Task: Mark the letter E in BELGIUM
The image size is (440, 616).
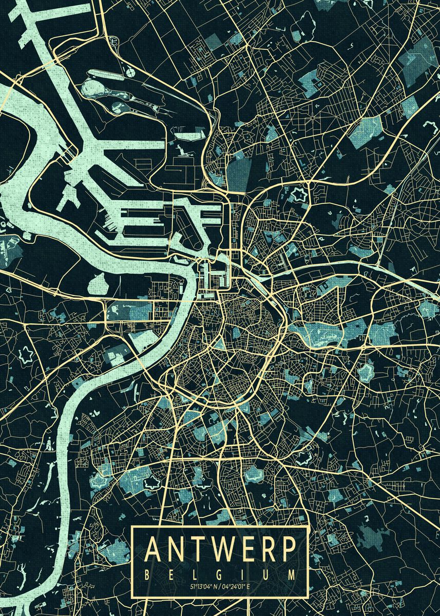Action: [173, 573]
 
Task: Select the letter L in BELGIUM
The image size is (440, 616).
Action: [196, 573]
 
